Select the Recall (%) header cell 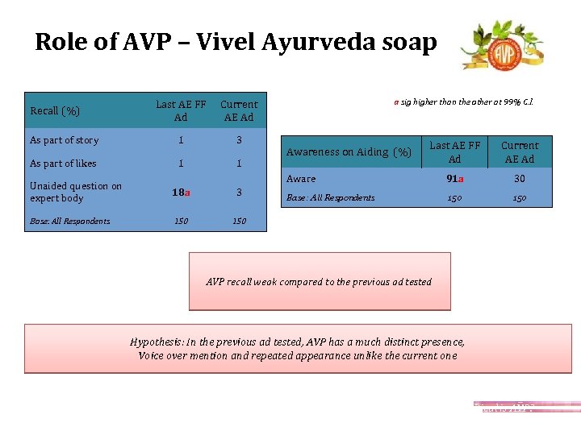56,111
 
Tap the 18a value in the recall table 181,193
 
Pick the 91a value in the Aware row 454,179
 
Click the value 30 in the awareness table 520,179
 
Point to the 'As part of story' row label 64,140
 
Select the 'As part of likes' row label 63,164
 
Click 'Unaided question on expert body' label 75,192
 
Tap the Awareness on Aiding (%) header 349,152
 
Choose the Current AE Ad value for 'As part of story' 239,140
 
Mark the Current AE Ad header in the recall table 239,111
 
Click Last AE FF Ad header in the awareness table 454,152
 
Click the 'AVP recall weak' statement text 319,282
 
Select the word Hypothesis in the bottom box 153,342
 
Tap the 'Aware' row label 302,179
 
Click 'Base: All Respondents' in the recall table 69,221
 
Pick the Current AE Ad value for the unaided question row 239,193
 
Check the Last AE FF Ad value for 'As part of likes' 181,164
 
